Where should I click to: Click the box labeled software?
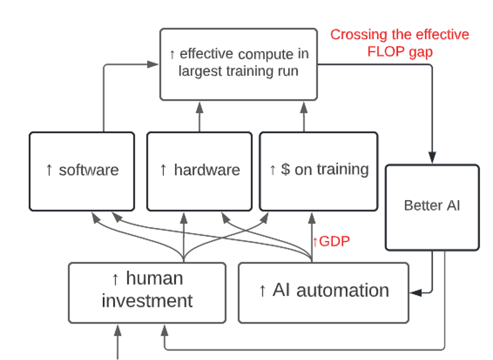(x=82, y=171)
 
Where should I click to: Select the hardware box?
(x=199, y=171)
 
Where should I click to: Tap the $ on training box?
(x=319, y=171)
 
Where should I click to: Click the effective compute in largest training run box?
(x=239, y=64)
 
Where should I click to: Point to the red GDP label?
(x=331, y=242)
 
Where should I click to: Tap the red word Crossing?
(x=359, y=35)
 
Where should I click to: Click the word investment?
(x=147, y=301)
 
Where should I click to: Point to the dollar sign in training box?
(x=285, y=169)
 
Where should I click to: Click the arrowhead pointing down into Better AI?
(x=432, y=157)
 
